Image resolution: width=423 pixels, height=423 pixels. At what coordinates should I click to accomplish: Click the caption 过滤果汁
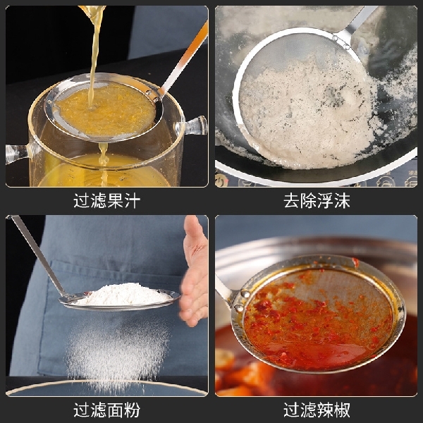pyautogui.click(x=107, y=200)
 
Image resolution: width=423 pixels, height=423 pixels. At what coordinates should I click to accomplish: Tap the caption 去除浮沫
pyautogui.click(x=317, y=200)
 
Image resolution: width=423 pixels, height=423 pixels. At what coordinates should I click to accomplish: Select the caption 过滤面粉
pyautogui.click(x=107, y=409)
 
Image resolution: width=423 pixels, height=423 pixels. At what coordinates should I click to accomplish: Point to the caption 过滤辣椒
pyautogui.click(x=317, y=409)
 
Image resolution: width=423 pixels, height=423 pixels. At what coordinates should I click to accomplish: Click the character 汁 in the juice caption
pyautogui.click(x=132, y=200)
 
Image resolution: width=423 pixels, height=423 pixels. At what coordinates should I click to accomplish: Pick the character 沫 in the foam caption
pyautogui.click(x=342, y=200)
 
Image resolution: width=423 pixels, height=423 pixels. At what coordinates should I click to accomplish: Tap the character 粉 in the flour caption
pyautogui.click(x=132, y=409)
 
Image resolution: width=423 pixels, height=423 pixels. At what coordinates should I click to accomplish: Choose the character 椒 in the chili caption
pyautogui.click(x=342, y=409)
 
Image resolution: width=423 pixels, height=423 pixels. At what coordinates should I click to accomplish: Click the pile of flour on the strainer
pyautogui.click(x=123, y=294)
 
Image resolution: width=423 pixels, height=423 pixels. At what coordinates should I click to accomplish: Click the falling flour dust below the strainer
pyautogui.click(x=116, y=349)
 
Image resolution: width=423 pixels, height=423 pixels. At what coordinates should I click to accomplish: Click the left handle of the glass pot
pyautogui.click(x=18, y=152)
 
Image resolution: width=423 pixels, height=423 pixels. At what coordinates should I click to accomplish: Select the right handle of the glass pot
pyautogui.click(x=194, y=126)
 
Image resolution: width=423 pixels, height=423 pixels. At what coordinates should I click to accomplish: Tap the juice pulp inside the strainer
pyautogui.click(x=106, y=109)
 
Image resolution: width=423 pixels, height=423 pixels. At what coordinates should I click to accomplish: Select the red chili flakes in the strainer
pyautogui.click(x=310, y=317)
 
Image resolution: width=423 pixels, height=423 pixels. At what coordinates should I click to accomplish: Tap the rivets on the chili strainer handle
pyautogui.click(x=241, y=300)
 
